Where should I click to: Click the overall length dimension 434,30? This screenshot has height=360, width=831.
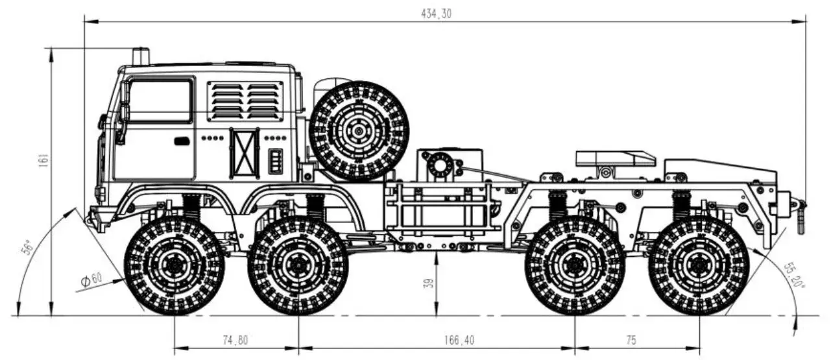click(x=435, y=14)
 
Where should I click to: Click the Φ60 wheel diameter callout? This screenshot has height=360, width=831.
click(x=91, y=280)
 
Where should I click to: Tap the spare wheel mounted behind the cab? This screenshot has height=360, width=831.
click(x=359, y=130)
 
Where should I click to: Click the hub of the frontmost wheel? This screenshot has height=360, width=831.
click(x=174, y=265)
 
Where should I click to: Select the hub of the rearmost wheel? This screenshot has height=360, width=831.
click(x=699, y=265)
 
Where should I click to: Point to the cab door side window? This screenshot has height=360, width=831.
click(x=160, y=101)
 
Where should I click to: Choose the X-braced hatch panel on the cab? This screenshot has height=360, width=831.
click(x=244, y=153)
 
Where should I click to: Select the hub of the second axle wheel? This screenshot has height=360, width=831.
click(x=298, y=265)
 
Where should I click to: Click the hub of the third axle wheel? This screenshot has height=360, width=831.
click(x=575, y=265)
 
